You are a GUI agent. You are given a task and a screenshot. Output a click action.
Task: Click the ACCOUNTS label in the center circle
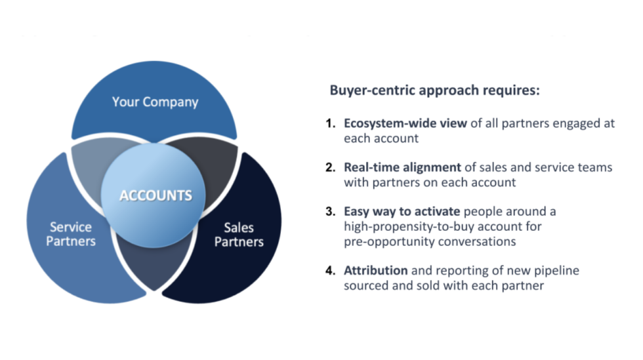tap(156, 195)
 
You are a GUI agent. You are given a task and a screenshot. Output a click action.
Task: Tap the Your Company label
tap(155, 102)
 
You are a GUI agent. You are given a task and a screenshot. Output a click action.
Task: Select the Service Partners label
tap(72, 234)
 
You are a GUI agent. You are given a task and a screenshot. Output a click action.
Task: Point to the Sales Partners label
tap(239, 234)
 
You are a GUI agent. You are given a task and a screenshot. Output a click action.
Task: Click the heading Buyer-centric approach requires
tap(434, 90)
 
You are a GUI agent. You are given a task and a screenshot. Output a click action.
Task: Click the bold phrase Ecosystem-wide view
tap(405, 123)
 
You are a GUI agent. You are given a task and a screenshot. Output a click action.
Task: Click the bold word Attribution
tap(376, 270)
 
